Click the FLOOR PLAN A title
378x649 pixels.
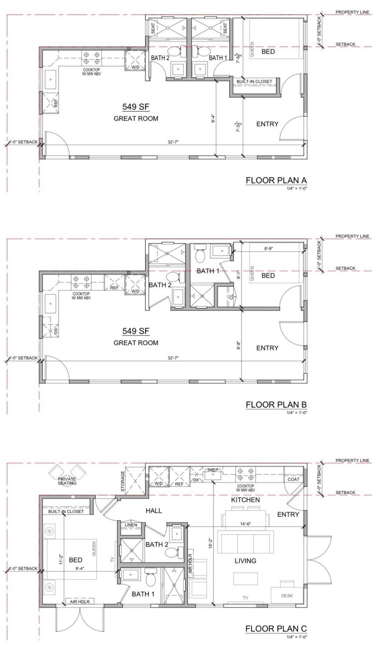tap(276, 180)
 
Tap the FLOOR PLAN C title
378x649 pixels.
tap(276, 628)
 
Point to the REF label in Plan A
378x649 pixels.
tap(56, 103)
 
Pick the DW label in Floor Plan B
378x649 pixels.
tap(56, 332)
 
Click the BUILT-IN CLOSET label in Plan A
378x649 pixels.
tap(254, 81)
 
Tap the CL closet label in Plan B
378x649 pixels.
tap(231, 296)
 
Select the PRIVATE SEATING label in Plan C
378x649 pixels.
tap(67, 481)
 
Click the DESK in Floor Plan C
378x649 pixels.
tap(287, 596)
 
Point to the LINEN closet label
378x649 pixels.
tap(131, 525)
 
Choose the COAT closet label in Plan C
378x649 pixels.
tap(293, 479)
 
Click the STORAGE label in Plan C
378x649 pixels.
tap(123, 481)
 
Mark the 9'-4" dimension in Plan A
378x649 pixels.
tap(213, 120)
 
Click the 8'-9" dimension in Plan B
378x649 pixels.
tap(268, 248)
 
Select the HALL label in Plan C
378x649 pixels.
tap(154, 510)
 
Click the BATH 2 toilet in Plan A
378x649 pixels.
tap(176, 52)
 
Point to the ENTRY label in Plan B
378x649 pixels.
tap(267, 348)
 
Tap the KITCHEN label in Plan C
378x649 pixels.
tap(245, 500)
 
